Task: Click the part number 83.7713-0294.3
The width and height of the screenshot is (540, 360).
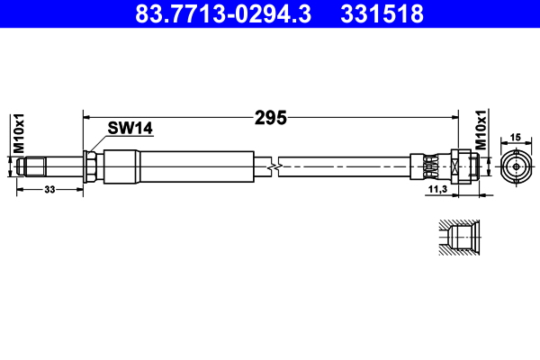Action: coord(224,14)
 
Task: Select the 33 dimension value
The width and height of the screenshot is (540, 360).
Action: coord(49,190)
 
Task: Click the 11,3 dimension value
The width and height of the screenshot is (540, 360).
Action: coord(437,191)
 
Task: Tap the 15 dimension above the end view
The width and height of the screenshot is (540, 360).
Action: coord(516,138)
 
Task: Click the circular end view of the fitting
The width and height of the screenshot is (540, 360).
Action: coord(516,166)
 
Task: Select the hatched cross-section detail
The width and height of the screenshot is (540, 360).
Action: coord(458,238)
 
